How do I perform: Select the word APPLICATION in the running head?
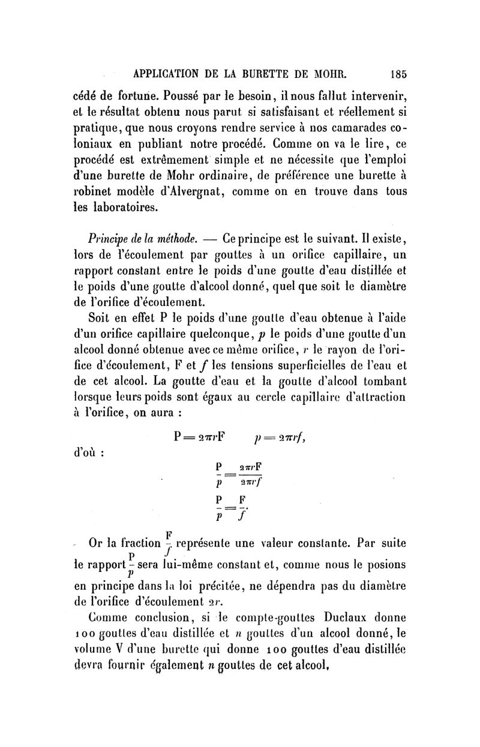click(171, 75)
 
